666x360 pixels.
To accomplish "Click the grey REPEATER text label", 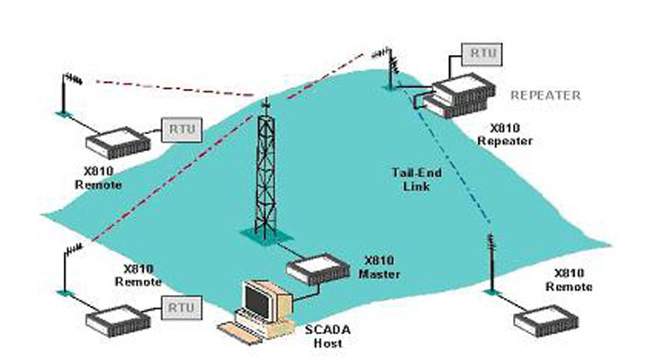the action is (545, 95).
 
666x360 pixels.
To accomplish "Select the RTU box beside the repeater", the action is (482, 54).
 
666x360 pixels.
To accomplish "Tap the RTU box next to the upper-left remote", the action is (182, 130).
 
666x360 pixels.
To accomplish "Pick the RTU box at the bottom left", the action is (182, 308).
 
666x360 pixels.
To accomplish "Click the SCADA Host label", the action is (328, 336).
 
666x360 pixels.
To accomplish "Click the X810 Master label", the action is (379, 267).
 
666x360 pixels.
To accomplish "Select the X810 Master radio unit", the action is (319, 269).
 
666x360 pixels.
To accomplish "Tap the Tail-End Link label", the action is (416, 179).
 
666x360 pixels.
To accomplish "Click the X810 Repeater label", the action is (505, 134).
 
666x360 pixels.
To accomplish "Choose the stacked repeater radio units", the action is (461, 95).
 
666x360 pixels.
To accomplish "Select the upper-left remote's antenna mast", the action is (65, 94).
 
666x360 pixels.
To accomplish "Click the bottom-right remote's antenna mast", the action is (491, 263).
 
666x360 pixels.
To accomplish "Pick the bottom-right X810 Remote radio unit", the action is (545, 320).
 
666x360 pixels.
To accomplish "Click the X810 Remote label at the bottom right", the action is (569, 280).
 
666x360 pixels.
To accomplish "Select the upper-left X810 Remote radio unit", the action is (118, 142).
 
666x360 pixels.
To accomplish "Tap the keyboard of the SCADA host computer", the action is (239, 331).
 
